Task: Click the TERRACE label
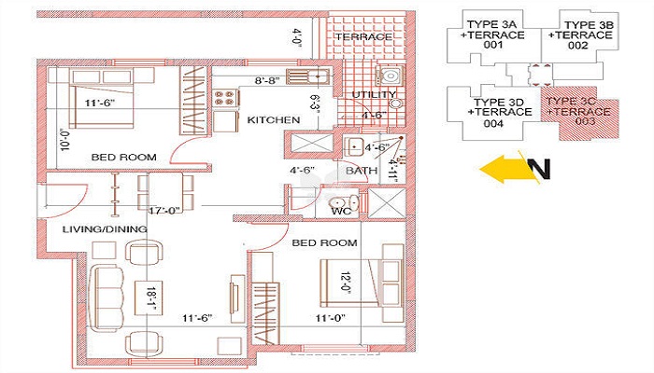point(363,37)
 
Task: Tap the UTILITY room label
point(374,95)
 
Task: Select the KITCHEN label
point(274,120)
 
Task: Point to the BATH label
point(361,172)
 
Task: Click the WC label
point(341,212)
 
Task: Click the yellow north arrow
point(503,169)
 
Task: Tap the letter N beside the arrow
point(539,169)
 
